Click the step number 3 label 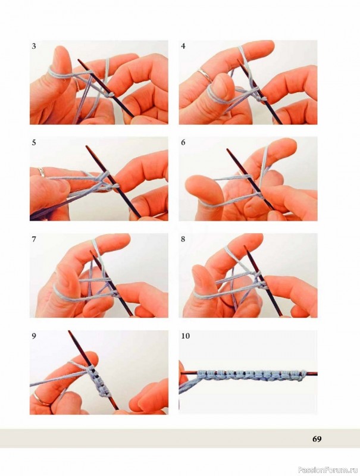[x=34, y=46]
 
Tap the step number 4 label [x=183, y=46]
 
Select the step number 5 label [x=34, y=143]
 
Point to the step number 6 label [x=183, y=143]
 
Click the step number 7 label [x=34, y=239]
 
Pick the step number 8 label [x=183, y=239]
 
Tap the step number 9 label [x=34, y=336]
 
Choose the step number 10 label [x=185, y=336]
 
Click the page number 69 [x=317, y=439]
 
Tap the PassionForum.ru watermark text [x=328, y=468]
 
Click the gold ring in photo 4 [x=205, y=75]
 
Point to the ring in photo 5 [x=41, y=172]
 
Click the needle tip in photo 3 [x=79, y=60]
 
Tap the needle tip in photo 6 [x=227, y=149]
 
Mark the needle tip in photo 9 [x=70, y=331]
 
